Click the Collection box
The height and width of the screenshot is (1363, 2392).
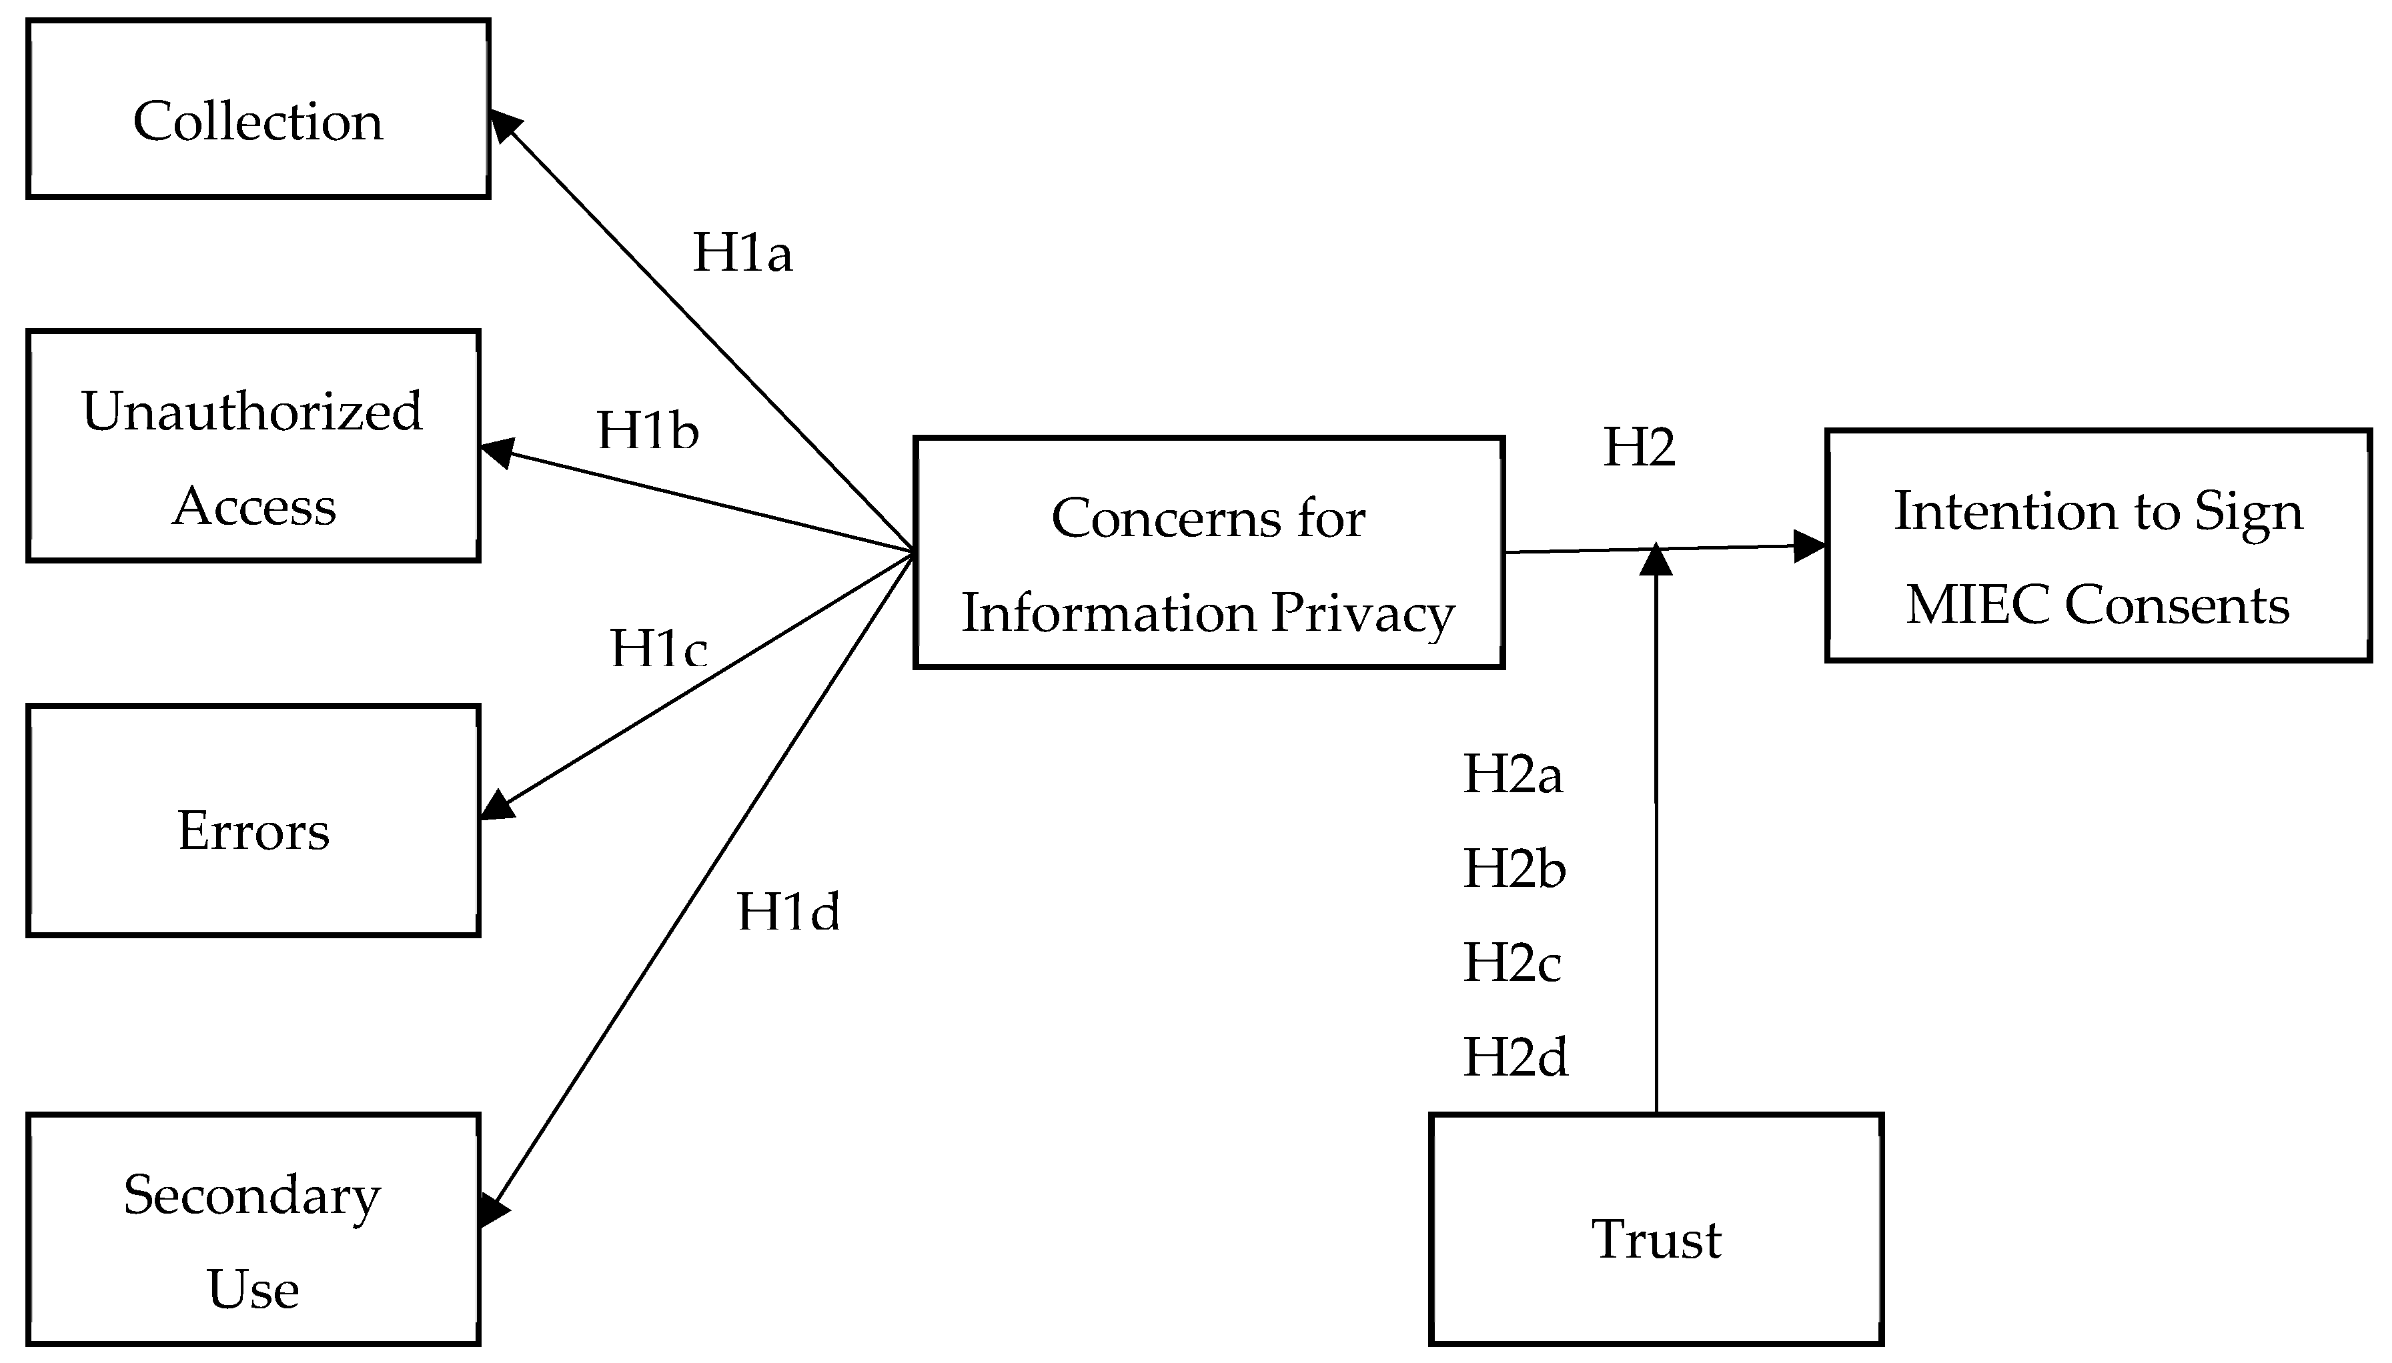coord(257,109)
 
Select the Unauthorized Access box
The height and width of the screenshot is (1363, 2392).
coord(253,447)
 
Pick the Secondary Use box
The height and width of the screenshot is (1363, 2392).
coord(253,1229)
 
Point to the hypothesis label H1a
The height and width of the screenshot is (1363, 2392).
coord(742,253)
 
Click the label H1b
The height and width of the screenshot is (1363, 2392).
coord(648,431)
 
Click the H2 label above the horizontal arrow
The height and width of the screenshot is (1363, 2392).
coord(1638,448)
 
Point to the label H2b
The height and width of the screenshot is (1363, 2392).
coord(1514,870)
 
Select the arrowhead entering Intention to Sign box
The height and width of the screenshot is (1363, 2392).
coord(1809,547)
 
